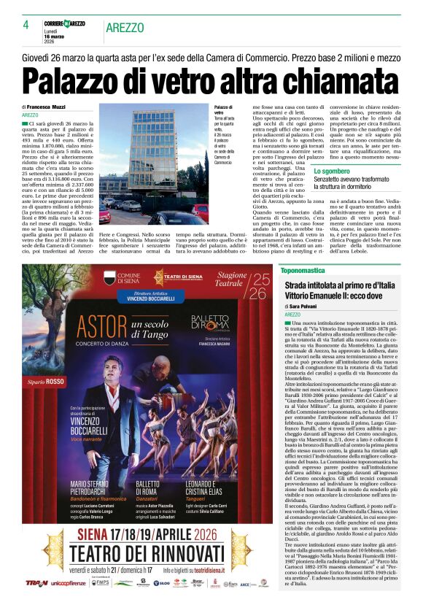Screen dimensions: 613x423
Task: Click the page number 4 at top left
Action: click(x=26, y=25)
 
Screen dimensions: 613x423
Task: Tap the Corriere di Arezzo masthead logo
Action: click(x=64, y=24)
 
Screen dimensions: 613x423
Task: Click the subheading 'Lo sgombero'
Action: click(x=333, y=171)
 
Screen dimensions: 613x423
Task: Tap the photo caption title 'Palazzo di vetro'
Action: click(x=224, y=110)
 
